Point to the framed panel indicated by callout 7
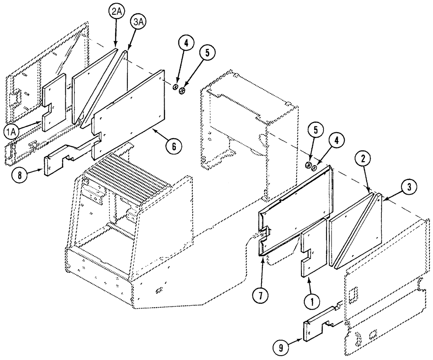click(294, 208)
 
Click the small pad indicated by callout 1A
click(54, 102)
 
